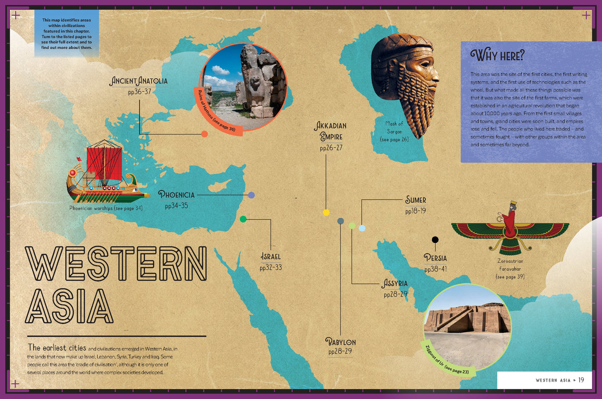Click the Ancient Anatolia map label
(x=139, y=81)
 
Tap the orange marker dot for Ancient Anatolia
(x=205, y=134)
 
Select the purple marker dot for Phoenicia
(x=251, y=195)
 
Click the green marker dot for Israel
(x=243, y=219)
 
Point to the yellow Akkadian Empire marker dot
(x=326, y=212)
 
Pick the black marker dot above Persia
(x=435, y=239)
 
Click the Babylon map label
(x=340, y=342)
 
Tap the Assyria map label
(x=395, y=284)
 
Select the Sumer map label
(x=416, y=200)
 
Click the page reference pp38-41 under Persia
(x=435, y=269)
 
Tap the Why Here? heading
(x=497, y=55)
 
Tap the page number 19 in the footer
(x=581, y=380)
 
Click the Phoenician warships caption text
(x=106, y=208)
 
